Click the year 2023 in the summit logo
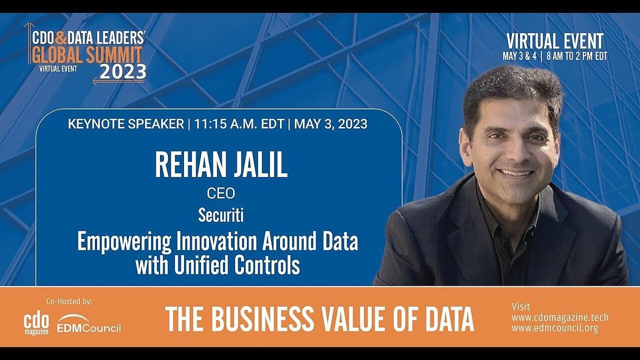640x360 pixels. point(123,72)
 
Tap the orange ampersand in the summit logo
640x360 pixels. point(60,38)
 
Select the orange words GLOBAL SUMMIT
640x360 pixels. point(87,54)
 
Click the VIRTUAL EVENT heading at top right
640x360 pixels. point(555,42)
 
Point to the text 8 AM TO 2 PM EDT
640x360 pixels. point(577,57)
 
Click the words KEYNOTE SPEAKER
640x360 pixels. point(126,124)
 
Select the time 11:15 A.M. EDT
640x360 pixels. point(239,124)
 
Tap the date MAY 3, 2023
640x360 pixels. point(331,124)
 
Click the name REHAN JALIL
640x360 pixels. point(221,166)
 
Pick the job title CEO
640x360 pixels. point(221,194)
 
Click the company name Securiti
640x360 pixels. point(221,215)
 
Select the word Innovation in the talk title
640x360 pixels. point(217,242)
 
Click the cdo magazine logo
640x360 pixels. point(36,325)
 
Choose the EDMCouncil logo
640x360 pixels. point(89,324)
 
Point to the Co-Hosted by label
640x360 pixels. point(69,301)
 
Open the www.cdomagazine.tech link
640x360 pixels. point(560,317)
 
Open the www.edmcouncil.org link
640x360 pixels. point(555,329)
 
